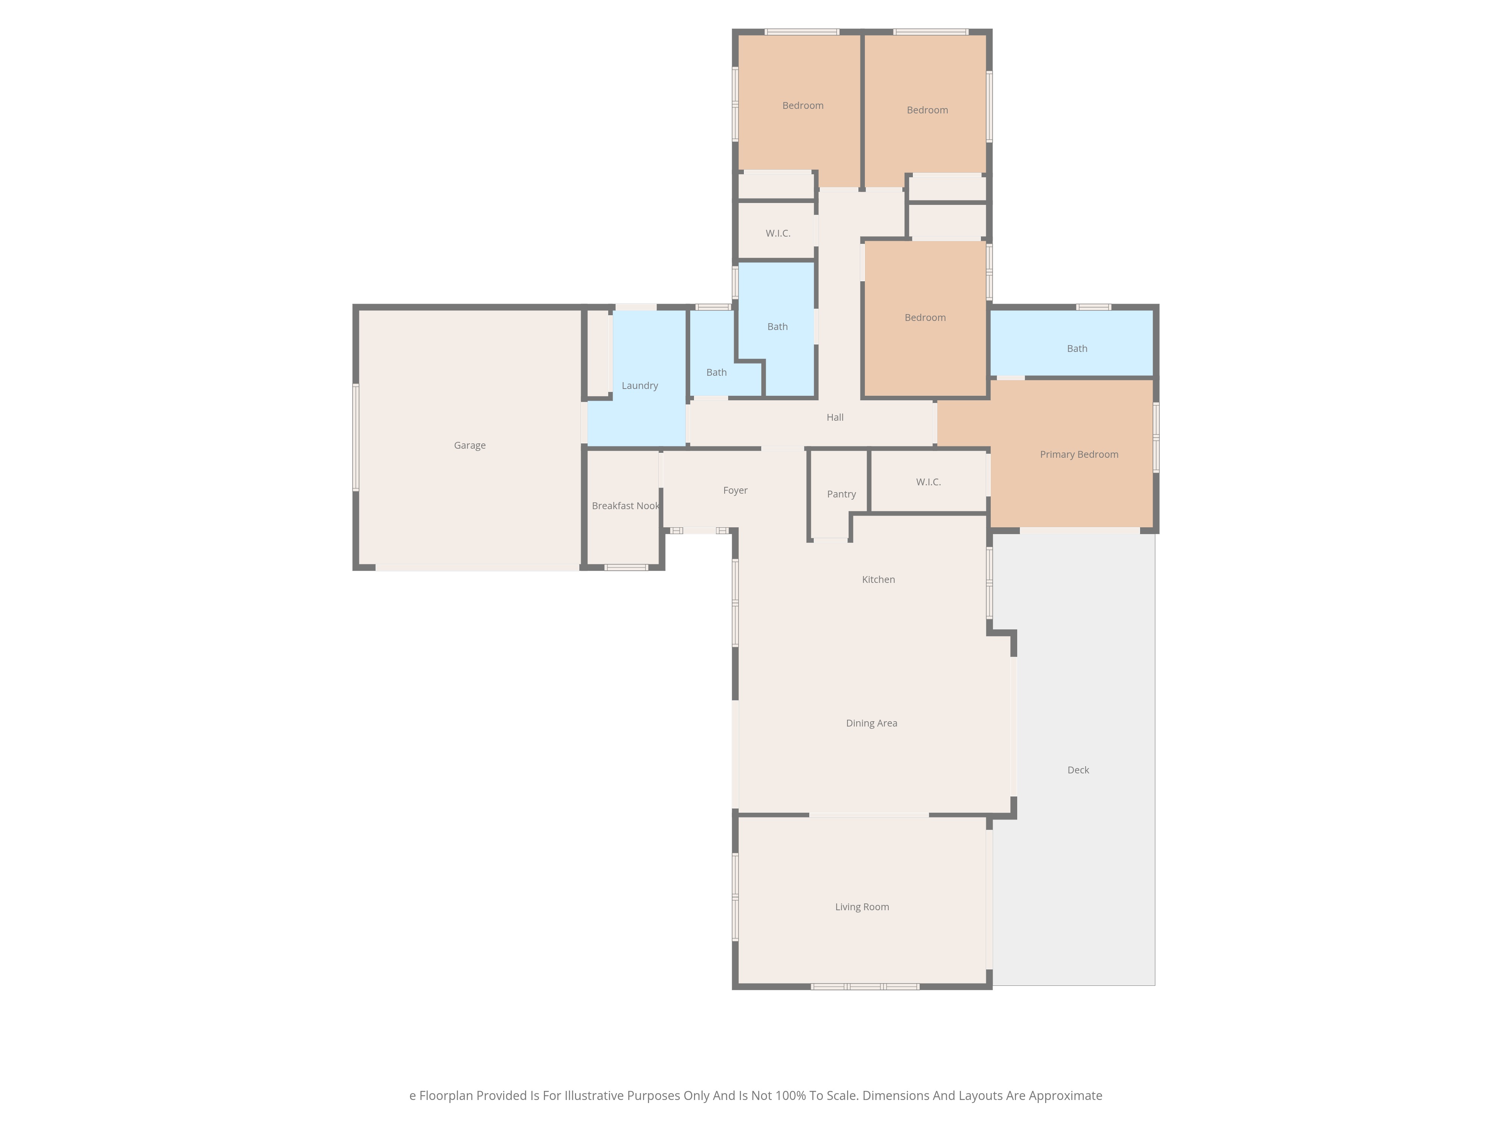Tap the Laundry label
[x=640, y=386]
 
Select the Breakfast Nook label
[x=626, y=506]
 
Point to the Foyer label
[x=736, y=491]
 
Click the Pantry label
[x=841, y=494]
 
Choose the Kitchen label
[x=878, y=579]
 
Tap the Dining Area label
[x=872, y=723]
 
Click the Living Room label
[x=862, y=907]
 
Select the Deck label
[x=1078, y=770]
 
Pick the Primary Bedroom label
[x=1079, y=455]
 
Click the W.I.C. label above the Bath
[x=778, y=234]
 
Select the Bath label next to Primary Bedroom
[x=1077, y=349]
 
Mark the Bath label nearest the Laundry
[x=716, y=373]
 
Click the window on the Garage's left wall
[x=355, y=437]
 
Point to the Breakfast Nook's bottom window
[x=626, y=567]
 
